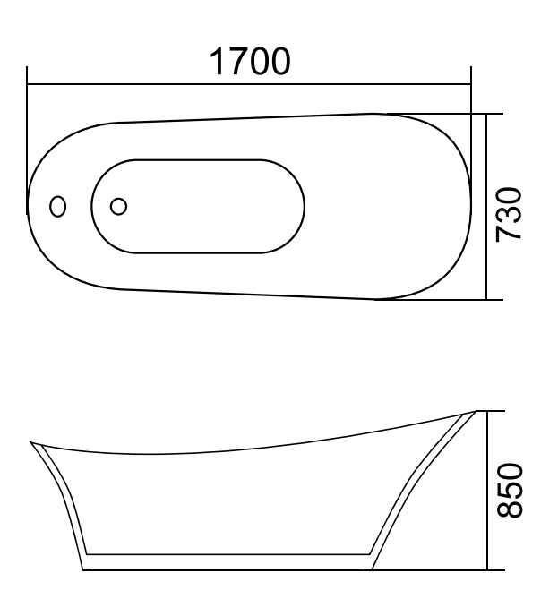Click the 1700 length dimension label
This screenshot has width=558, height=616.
click(x=249, y=63)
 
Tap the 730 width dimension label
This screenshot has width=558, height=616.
click(x=510, y=213)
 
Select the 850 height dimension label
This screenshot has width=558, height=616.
click(x=510, y=490)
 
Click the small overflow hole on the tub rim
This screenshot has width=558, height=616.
click(x=58, y=206)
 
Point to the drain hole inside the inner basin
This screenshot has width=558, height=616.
click(x=118, y=206)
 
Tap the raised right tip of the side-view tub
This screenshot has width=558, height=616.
click(x=472, y=413)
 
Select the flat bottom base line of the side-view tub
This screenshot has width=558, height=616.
click(x=224, y=569)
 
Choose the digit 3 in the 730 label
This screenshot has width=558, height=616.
click(x=510, y=213)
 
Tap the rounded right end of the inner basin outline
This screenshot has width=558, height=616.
click(x=303, y=206)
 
